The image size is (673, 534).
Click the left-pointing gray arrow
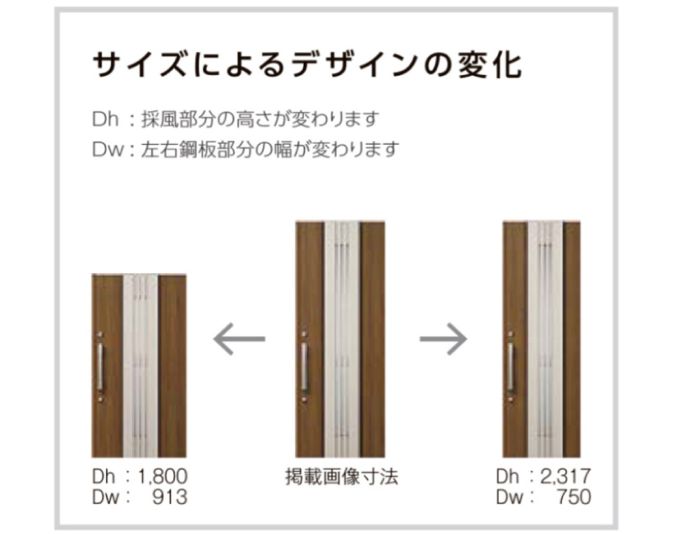(x=239, y=339)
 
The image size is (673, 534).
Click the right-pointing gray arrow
(x=444, y=339)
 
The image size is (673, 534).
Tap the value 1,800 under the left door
(x=163, y=477)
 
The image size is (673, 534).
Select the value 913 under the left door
(x=170, y=497)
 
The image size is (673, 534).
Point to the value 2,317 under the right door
(x=565, y=477)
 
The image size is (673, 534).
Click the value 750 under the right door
(x=574, y=497)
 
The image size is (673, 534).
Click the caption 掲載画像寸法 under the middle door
(x=342, y=477)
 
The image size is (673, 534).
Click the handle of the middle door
(x=304, y=367)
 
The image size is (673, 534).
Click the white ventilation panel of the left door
(x=141, y=366)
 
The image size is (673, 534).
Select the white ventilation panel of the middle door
(x=342, y=340)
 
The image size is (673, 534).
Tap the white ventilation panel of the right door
(x=545, y=340)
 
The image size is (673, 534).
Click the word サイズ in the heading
(x=139, y=65)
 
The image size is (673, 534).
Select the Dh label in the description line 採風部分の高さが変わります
(x=105, y=119)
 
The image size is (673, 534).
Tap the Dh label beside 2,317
(x=507, y=477)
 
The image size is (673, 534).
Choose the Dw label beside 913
(x=105, y=497)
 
